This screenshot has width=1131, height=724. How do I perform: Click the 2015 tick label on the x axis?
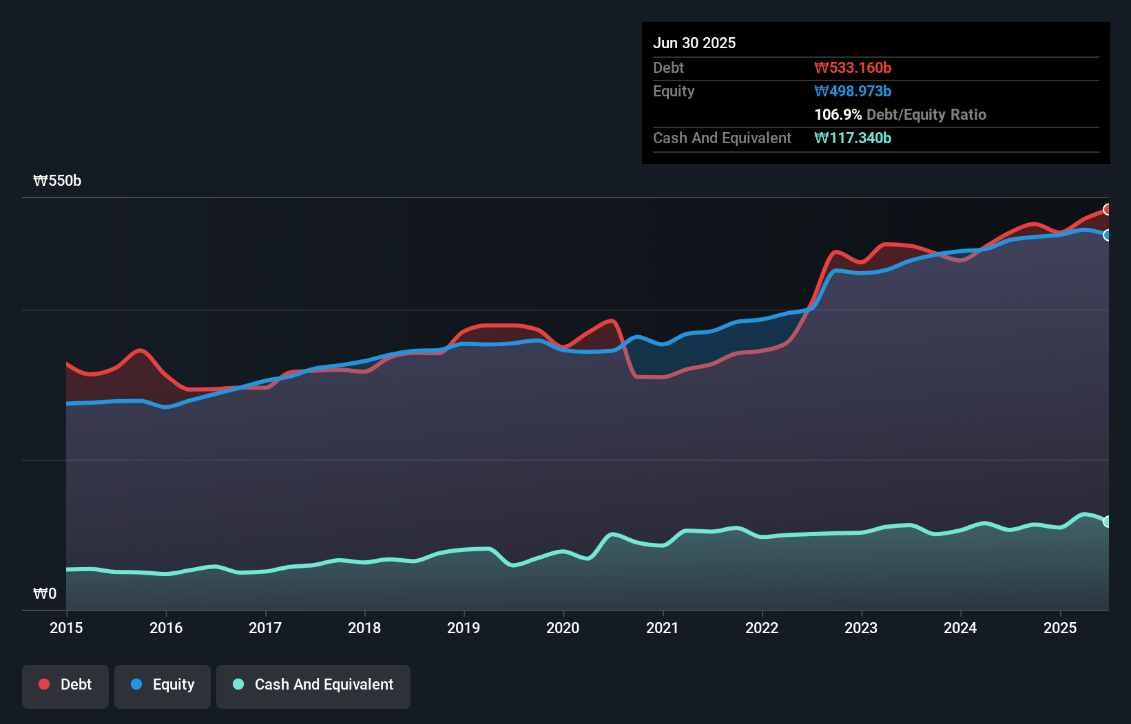tap(66, 628)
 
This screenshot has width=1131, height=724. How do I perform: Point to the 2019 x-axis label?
tap(464, 628)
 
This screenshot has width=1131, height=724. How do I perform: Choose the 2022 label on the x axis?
tap(762, 628)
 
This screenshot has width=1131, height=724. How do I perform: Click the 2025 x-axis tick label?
tap(1060, 628)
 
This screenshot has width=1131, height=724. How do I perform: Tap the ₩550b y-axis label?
tap(57, 180)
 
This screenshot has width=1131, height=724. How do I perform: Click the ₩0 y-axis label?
tap(45, 593)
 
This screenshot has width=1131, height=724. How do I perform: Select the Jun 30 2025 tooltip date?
tap(694, 43)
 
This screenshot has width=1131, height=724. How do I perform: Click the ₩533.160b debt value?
tap(853, 67)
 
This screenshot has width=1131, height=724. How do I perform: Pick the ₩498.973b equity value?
tap(853, 91)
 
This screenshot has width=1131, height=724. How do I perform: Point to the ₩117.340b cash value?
tap(853, 138)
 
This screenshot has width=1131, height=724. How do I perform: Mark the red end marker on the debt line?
tap(1108, 209)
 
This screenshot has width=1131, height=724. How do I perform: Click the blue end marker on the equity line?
tap(1108, 235)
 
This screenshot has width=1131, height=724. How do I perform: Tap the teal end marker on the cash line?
tap(1108, 522)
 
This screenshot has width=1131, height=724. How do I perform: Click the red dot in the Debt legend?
tap(44, 684)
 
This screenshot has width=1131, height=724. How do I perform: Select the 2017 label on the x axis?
tap(265, 628)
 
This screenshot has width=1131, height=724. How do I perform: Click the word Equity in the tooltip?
tap(674, 91)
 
